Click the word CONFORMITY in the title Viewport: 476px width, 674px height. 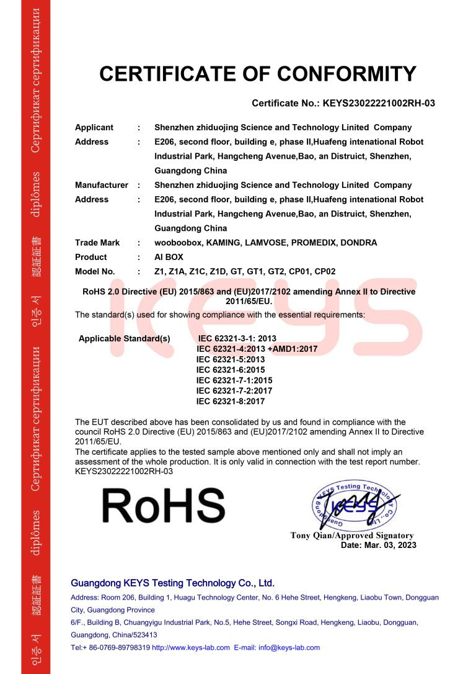tap(346, 74)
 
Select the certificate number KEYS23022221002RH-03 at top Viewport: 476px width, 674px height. tap(379, 103)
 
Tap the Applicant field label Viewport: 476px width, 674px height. tap(94, 127)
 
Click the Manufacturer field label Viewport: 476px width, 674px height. tap(102, 185)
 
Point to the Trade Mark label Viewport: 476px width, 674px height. tap(97, 243)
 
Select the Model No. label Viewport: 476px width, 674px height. tap(95, 271)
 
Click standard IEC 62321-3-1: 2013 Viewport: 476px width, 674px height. tap(237, 338)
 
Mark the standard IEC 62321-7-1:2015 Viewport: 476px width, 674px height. tap(234, 380)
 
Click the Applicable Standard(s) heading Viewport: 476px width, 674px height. tap(124, 338)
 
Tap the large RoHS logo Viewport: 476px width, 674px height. tap(163, 505)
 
